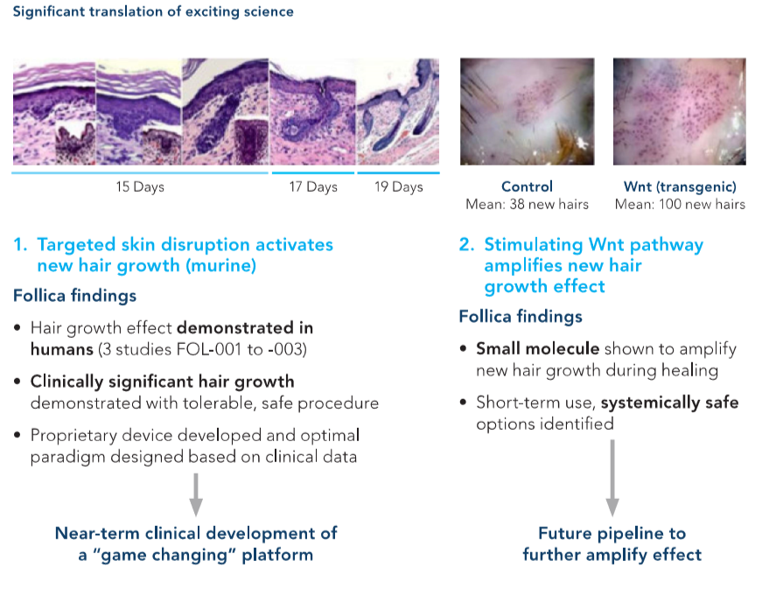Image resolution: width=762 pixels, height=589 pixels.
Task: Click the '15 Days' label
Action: pos(140,187)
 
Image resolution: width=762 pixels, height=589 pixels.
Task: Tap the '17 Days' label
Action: pos(313,187)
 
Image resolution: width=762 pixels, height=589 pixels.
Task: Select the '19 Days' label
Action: pos(398,187)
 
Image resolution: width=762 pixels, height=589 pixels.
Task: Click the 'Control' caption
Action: pos(527,186)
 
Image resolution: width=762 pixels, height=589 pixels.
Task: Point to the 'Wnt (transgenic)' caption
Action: pos(680,187)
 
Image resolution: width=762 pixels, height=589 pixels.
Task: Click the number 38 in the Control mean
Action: pos(516,204)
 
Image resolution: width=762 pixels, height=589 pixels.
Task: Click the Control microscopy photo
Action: pos(528,112)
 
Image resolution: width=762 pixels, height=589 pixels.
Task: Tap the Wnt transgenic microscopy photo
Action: pos(680,112)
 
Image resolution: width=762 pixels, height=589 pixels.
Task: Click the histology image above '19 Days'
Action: pos(398,112)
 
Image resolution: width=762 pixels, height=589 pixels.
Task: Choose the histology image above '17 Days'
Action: pos(312,112)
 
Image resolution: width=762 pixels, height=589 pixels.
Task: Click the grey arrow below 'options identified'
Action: pos(612,478)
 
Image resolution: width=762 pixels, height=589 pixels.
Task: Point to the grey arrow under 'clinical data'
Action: pos(196,494)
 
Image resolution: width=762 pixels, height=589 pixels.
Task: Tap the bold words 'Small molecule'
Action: pos(537,348)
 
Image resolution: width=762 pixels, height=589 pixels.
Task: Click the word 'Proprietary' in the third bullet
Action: pos(73,436)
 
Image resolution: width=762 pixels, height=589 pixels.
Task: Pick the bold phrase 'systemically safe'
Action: pos(669,403)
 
